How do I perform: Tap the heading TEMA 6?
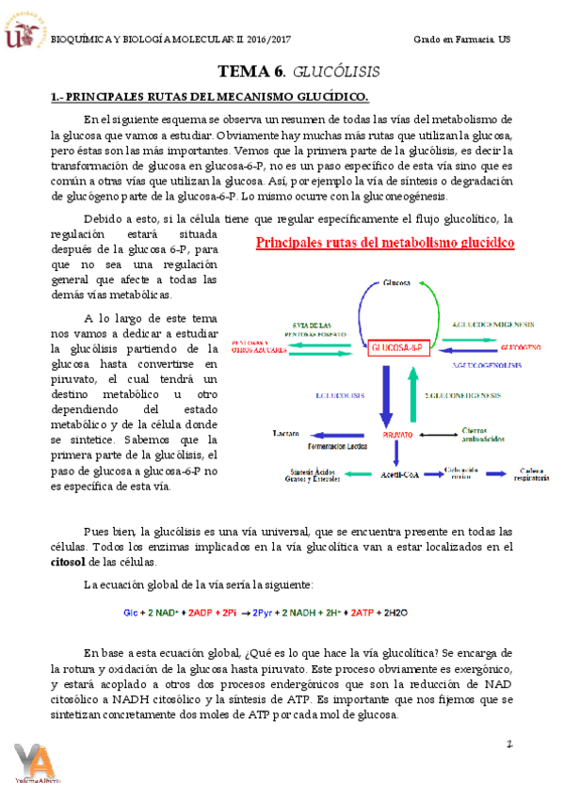click(251, 72)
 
